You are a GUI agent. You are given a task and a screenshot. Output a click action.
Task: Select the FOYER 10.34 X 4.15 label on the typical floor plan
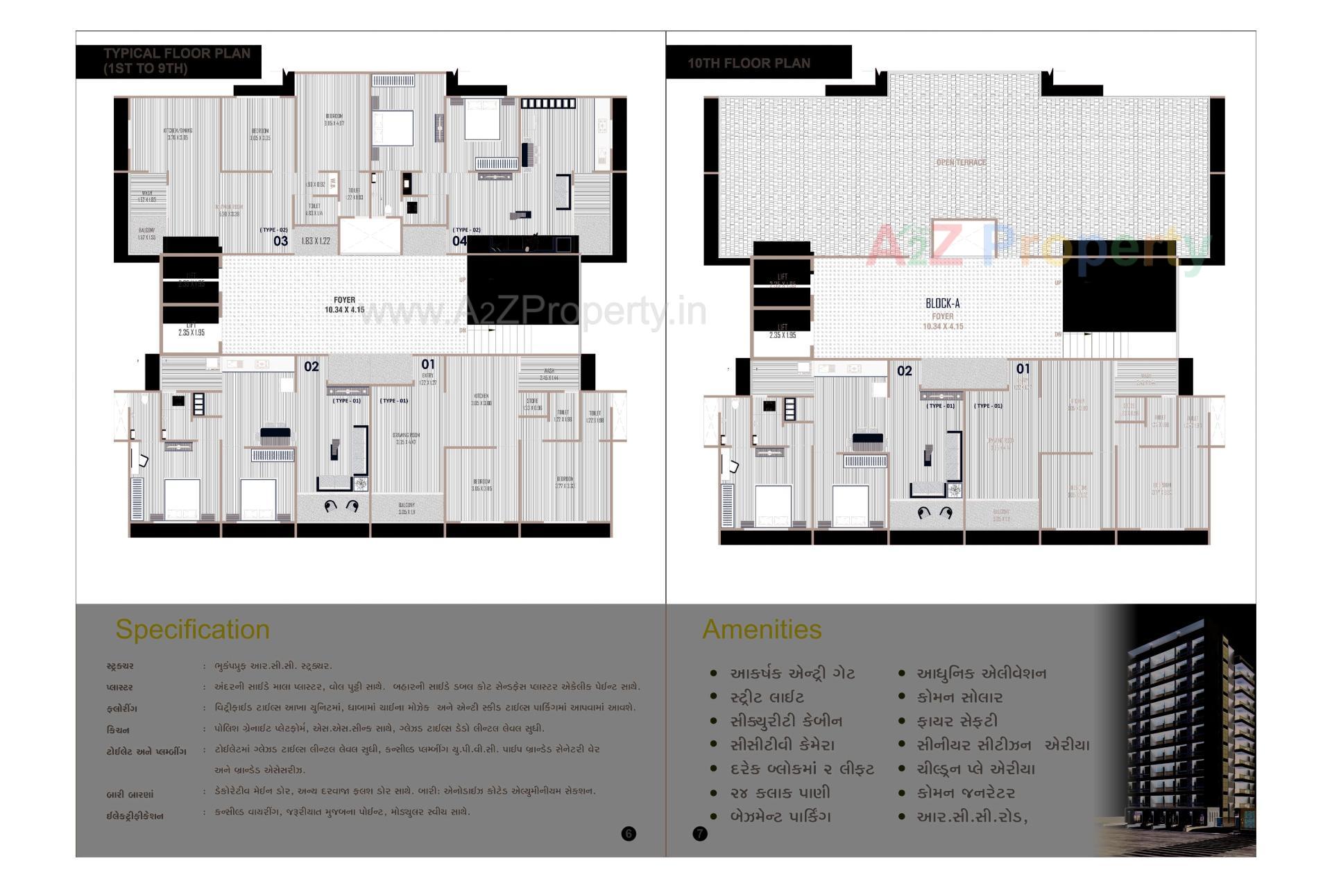[344, 305]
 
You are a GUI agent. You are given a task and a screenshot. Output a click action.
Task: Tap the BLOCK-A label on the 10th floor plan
[942, 303]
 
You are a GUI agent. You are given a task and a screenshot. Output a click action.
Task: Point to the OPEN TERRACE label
[961, 162]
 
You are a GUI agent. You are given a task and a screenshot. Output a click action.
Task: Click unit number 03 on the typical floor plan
[280, 241]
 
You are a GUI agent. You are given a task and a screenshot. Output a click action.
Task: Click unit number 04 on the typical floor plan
[459, 241]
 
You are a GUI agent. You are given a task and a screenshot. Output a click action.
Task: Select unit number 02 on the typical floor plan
[311, 366]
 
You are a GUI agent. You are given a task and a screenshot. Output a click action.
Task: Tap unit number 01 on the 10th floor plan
[1023, 368]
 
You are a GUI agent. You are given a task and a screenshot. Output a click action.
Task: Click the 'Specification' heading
[192, 629]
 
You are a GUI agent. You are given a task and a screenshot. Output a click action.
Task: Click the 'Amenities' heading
[762, 629]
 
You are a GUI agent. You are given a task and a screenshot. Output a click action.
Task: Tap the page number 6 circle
[629, 833]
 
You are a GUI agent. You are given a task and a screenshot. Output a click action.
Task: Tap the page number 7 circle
[700, 833]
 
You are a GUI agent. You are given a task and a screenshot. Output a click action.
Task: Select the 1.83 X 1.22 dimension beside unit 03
[315, 241]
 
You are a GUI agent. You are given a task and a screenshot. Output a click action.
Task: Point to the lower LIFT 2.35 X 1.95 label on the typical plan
[191, 330]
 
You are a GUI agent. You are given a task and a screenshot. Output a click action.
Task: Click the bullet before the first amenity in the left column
[713, 673]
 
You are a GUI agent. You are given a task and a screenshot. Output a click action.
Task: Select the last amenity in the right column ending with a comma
[971, 817]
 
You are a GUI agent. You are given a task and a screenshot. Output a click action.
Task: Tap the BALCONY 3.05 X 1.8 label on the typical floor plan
[407, 509]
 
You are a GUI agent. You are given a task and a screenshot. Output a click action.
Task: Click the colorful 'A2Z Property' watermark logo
[1034, 246]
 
